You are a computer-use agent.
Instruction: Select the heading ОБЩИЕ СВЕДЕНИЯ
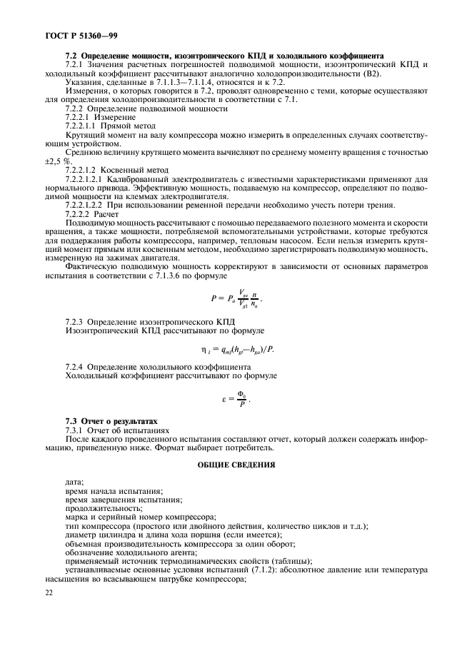point(236,465)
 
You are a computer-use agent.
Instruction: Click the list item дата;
point(74,483)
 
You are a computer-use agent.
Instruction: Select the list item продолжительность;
point(98,509)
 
